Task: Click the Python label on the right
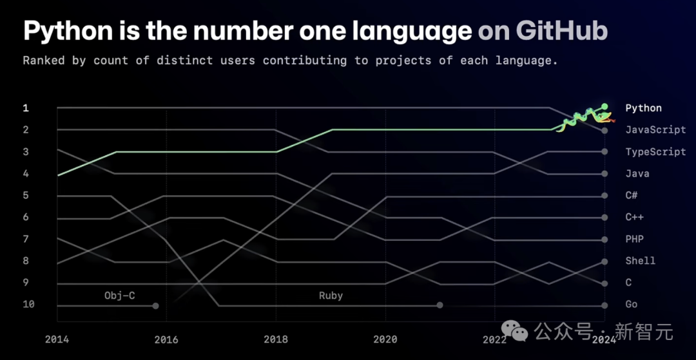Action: tap(643, 108)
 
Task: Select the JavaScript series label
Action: tap(655, 130)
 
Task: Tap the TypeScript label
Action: tap(655, 152)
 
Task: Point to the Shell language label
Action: tap(640, 261)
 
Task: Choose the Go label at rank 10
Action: tap(632, 304)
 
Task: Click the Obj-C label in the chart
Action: tap(120, 296)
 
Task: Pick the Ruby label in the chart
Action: tap(331, 296)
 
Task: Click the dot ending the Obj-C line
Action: tap(156, 305)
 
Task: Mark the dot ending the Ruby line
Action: tap(440, 305)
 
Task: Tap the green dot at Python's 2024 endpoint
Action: tap(604, 106)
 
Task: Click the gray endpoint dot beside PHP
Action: tap(604, 240)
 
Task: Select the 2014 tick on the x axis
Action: tap(57, 339)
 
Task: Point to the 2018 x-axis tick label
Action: tap(276, 339)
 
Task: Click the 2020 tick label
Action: tap(385, 339)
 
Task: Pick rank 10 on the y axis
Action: tap(28, 304)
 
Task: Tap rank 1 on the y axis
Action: tap(26, 108)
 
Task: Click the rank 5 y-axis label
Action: tap(26, 195)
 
